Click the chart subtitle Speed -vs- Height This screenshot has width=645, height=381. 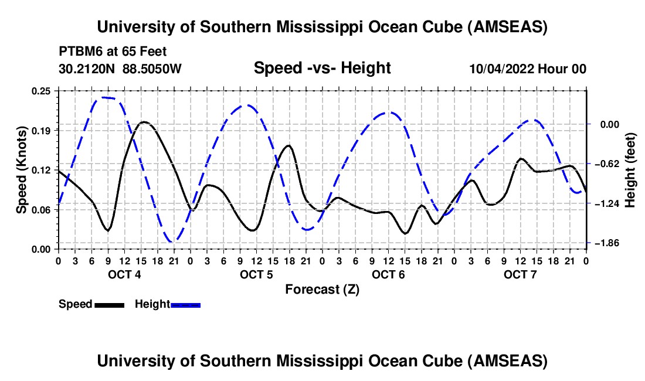click(322, 69)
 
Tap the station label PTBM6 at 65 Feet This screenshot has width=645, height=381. click(105, 52)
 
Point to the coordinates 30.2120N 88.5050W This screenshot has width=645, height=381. click(120, 69)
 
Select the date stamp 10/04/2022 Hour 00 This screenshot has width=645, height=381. click(527, 69)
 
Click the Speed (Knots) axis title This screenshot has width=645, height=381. click(22, 170)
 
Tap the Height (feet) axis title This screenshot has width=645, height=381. click(630, 170)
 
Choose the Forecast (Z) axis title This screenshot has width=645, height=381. click(322, 289)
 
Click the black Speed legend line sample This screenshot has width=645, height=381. click(109, 304)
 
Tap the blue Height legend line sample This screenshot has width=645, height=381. click(185, 304)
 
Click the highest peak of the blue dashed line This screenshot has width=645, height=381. click(104, 97)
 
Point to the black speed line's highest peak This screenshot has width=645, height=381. click(144, 122)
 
